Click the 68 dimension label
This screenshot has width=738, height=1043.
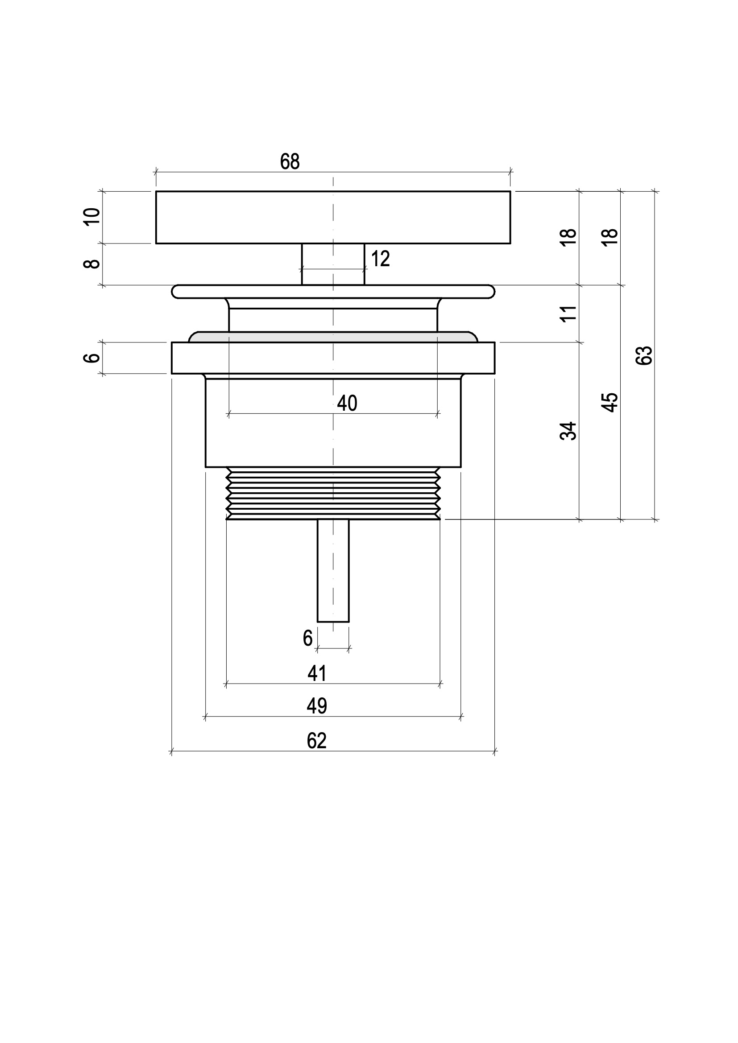[290, 162]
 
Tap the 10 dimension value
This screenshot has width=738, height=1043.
[92, 216]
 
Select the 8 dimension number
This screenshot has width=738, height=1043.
[92, 264]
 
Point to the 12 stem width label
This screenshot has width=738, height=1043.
[380, 259]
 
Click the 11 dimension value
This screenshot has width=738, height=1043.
[568, 314]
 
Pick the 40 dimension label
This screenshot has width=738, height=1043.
[347, 404]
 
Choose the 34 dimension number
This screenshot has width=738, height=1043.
[568, 431]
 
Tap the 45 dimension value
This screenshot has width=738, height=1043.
[610, 403]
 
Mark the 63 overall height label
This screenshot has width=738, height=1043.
[644, 356]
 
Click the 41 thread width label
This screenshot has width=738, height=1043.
[317, 673]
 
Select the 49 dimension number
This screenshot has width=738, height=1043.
[317, 706]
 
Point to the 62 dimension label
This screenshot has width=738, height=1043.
[317, 741]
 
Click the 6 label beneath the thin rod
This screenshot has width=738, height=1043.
[308, 638]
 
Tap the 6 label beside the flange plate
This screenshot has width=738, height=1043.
[92, 358]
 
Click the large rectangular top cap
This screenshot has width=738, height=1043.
[333, 218]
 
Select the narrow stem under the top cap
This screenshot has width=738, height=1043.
[333, 264]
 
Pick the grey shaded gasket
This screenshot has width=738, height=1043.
[333, 337]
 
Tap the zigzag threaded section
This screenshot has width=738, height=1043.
[333, 493]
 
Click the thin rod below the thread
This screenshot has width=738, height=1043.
[333, 571]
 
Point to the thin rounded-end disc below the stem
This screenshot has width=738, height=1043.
[333, 292]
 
